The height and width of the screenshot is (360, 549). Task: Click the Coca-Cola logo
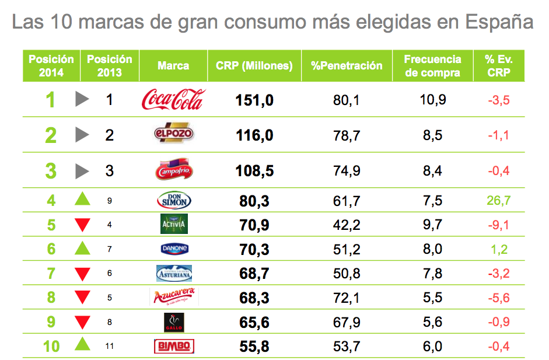click(x=173, y=100)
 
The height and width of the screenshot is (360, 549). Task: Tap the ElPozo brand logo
click(x=173, y=135)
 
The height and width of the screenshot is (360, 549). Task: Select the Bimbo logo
click(x=173, y=347)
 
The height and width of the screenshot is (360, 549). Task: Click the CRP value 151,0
click(x=254, y=100)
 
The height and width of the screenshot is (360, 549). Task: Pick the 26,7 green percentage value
click(x=498, y=201)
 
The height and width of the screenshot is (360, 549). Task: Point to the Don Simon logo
click(x=174, y=201)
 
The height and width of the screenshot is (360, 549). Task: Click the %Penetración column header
click(x=347, y=66)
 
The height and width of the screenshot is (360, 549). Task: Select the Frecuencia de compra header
click(x=432, y=66)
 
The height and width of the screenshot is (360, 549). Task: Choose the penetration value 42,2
click(x=347, y=225)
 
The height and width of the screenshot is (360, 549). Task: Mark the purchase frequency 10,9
click(x=433, y=100)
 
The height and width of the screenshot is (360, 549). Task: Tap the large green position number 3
click(x=51, y=172)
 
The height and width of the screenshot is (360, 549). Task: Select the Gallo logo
click(x=174, y=322)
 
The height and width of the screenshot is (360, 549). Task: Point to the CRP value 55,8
click(x=254, y=347)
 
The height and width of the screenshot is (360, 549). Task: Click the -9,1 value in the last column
click(x=498, y=225)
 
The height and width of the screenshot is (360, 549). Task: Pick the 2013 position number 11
click(x=110, y=347)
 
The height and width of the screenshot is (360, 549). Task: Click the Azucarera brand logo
click(x=174, y=297)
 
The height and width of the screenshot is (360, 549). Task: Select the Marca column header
click(x=173, y=66)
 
